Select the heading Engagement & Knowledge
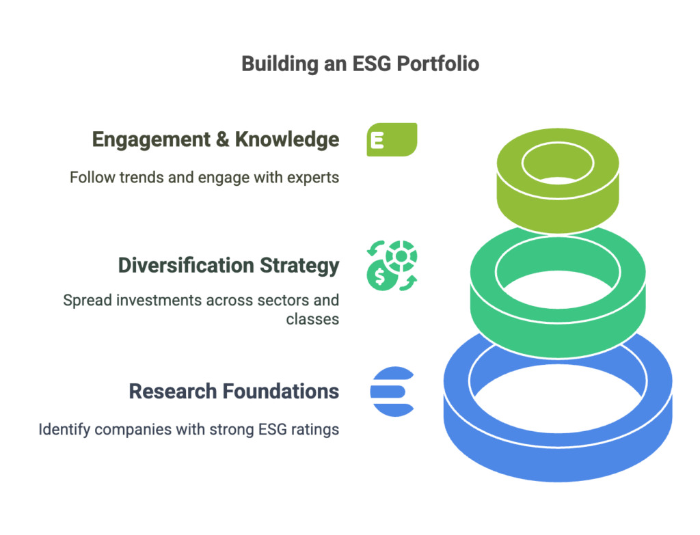coord(215,139)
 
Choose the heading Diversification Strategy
coord(228,265)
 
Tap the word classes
coord(312,319)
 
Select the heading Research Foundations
coord(234,392)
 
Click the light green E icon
coord(392,140)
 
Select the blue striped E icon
coord(392,392)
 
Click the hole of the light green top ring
coord(557,165)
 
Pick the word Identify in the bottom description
coord(59,430)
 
